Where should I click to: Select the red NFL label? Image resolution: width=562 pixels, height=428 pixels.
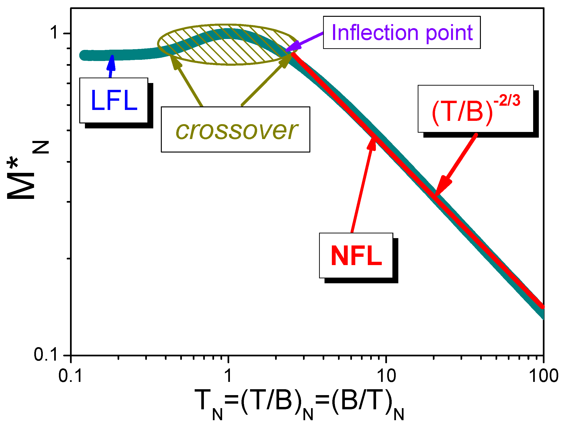pyautogui.click(x=356, y=256)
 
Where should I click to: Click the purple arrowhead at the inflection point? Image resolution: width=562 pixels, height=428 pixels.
pyautogui.click(x=292, y=47)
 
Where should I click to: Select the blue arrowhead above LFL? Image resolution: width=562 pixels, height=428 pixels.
pyautogui.click(x=112, y=63)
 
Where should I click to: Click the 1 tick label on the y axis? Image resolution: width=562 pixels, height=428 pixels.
pyautogui.click(x=54, y=33)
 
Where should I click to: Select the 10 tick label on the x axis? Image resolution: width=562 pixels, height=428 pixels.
pyautogui.click(x=386, y=376)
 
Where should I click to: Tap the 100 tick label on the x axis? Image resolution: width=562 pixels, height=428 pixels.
pyautogui.click(x=543, y=376)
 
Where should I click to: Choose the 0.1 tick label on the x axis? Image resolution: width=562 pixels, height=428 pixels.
pyautogui.click(x=70, y=376)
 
